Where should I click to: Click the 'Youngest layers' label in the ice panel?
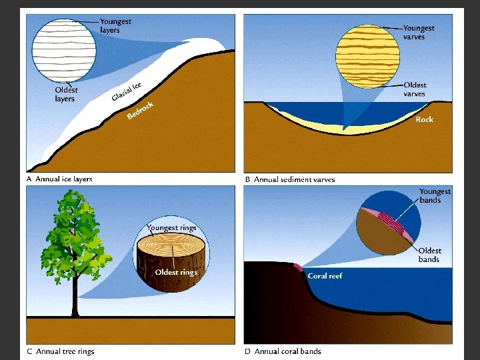pyautogui.click(x=115, y=26)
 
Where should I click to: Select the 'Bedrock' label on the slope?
pyautogui.click(x=140, y=111)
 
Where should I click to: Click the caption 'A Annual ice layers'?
pyautogui.click(x=59, y=179)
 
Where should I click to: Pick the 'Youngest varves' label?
pyautogui.click(x=419, y=33)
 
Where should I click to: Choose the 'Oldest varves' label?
pyautogui.click(x=415, y=89)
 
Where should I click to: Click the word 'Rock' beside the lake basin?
pyautogui.click(x=424, y=119)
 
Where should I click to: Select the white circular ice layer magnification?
pyautogui.click(x=64, y=51)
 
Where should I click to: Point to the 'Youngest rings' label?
pyautogui.click(x=171, y=228)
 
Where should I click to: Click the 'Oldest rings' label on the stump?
pyautogui.click(x=176, y=272)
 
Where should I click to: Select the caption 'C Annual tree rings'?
pyautogui.click(x=61, y=351)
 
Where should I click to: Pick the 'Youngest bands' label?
pyautogui.click(x=435, y=196)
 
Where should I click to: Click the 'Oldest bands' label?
pyautogui.click(x=430, y=255)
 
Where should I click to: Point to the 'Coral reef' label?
pyautogui.click(x=325, y=275)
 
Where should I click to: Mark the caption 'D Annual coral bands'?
pyautogui.click(x=283, y=351)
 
